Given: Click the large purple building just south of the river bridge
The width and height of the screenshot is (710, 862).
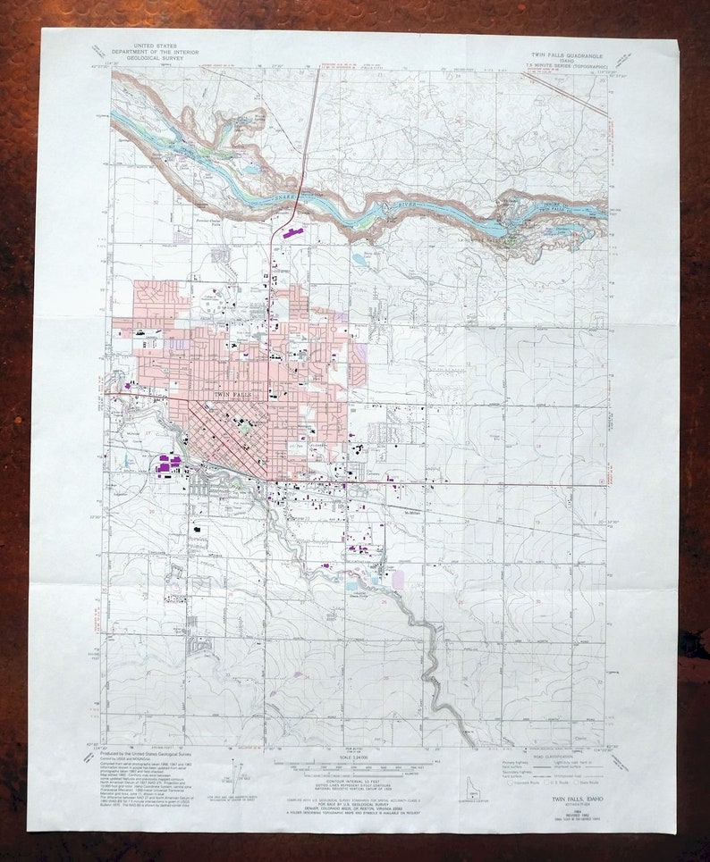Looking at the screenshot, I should point(293,232).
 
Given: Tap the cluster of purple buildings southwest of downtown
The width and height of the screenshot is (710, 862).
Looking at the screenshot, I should point(168,464).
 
